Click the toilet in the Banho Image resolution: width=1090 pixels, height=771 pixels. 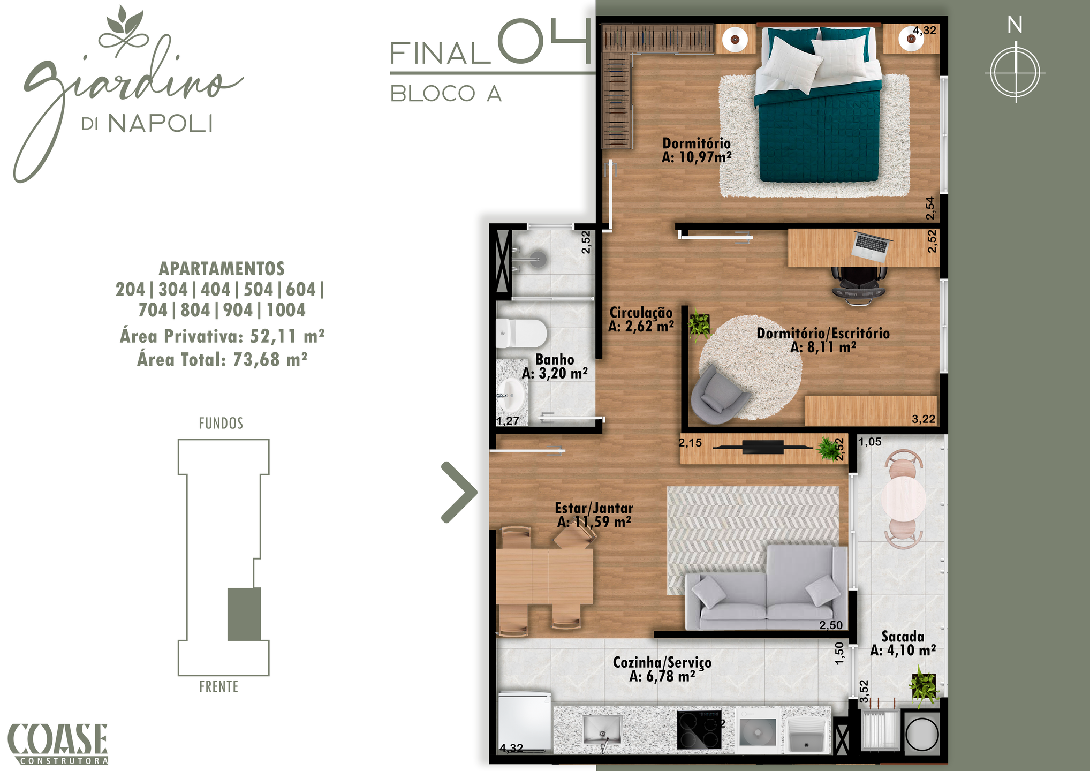[x=521, y=334]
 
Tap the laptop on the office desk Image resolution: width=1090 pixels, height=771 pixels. [x=871, y=246]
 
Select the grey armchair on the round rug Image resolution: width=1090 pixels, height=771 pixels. [x=718, y=394]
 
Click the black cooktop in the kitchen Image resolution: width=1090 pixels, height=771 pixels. [x=699, y=729]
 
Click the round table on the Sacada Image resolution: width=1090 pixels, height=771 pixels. [x=903, y=498]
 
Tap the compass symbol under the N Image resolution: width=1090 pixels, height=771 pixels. [x=1016, y=73]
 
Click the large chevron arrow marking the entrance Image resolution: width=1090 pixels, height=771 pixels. [x=459, y=492]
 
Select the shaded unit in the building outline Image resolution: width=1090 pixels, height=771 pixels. [x=244, y=614]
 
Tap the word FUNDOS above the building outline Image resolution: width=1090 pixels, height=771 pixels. [x=221, y=424]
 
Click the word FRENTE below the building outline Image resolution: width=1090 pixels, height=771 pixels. [x=218, y=687]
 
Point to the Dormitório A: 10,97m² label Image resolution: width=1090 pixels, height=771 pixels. [x=697, y=150]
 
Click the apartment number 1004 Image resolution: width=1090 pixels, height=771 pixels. [x=286, y=310]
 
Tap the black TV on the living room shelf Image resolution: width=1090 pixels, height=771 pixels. [x=763, y=447]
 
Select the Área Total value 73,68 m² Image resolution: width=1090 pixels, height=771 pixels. [x=270, y=359]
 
